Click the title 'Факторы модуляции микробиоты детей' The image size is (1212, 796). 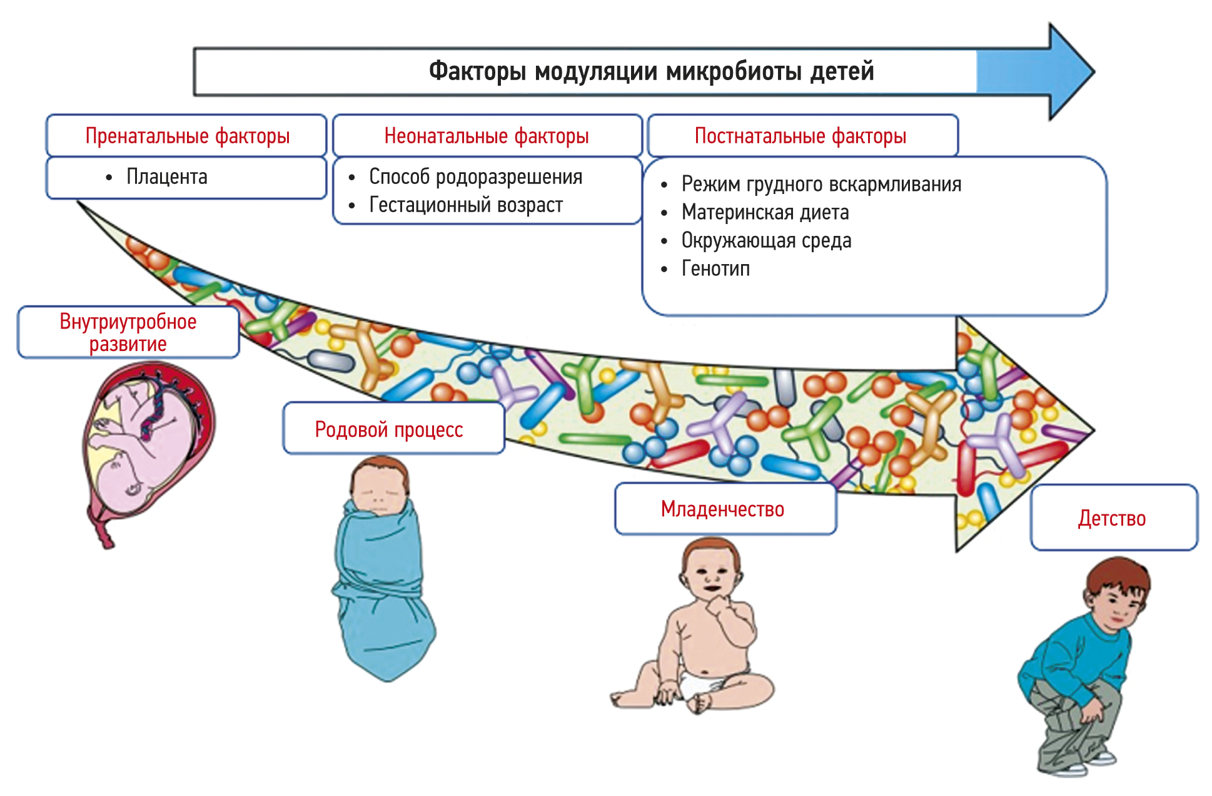[651, 71]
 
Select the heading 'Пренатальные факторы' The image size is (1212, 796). [187, 136]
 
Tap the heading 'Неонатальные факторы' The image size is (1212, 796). [487, 136]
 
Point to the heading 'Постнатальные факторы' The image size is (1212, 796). [800, 136]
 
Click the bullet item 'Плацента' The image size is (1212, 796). [166, 177]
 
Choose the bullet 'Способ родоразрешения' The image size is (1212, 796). [475, 177]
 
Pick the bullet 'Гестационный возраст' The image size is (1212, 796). [466, 205]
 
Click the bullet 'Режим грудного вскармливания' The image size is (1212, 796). [821, 185]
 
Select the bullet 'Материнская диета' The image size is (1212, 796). [765, 213]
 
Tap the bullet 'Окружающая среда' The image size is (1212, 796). [766, 241]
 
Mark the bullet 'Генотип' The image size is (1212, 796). [715, 269]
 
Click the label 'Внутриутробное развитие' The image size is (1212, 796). [128, 332]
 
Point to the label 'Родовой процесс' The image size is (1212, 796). [389, 430]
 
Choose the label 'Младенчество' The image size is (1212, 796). [722, 509]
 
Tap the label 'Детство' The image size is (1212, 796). [1112, 519]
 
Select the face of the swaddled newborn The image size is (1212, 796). [378, 491]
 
